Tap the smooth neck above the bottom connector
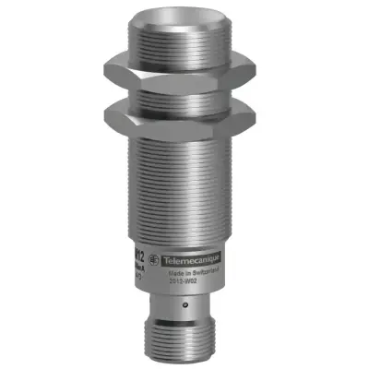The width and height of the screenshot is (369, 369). click(x=175, y=309)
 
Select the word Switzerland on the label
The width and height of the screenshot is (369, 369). click(x=206, y=274)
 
